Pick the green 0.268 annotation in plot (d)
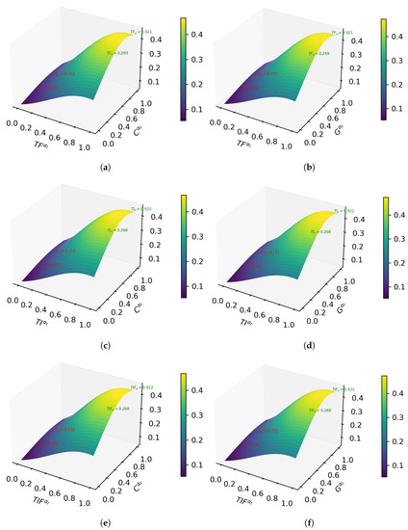[343, 232]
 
